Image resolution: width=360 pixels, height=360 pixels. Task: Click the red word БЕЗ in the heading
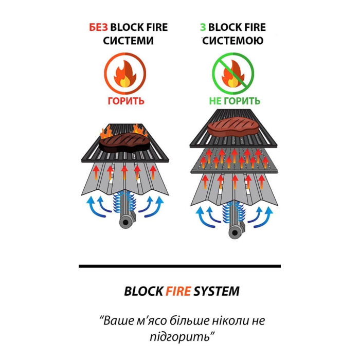coord(99,27)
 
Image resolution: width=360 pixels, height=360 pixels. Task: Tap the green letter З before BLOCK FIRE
coord(203,27)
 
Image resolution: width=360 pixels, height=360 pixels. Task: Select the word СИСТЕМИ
coord(128,41)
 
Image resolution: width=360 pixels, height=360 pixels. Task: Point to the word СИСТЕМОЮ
coord(233,41)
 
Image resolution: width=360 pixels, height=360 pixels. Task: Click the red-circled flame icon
coord(125,74)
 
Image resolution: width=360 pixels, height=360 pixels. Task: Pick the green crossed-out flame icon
coord(233,74)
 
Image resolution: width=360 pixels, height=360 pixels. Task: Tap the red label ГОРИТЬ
coord(126,101)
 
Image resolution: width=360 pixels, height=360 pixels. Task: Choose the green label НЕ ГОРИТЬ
coord(235,101)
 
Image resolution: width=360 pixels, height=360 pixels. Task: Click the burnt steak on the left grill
coord(124,143)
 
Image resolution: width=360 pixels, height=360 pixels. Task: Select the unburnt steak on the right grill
coord(233,127)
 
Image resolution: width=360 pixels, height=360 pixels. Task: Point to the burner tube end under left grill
coord(125,222)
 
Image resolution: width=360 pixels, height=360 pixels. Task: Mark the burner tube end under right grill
coord(235,233)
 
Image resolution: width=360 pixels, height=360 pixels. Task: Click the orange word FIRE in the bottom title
coord(178,291)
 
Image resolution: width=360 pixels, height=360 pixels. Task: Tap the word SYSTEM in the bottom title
coord(217,291)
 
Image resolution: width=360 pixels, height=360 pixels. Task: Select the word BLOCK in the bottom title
coord(143,291)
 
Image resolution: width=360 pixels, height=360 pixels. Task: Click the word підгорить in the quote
coord(180,337)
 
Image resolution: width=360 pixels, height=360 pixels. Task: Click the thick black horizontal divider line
coord(180,266)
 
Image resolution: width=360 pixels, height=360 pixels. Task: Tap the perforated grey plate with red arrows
coord(233,160)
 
